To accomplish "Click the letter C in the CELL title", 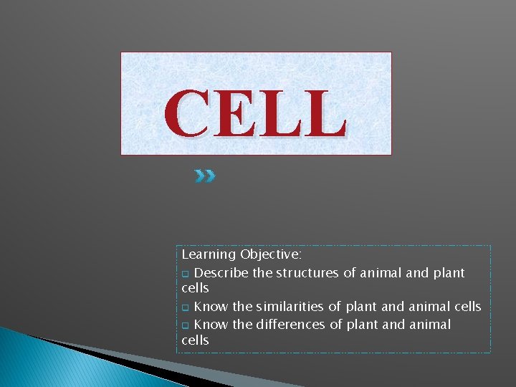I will click(x=188, y=114).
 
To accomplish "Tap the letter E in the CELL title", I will click(x=234, y=114).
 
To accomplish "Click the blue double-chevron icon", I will click(x=204, y=176).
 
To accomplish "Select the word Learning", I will click(x=209, y=254).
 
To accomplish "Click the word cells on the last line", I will click(x=195, y=340).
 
